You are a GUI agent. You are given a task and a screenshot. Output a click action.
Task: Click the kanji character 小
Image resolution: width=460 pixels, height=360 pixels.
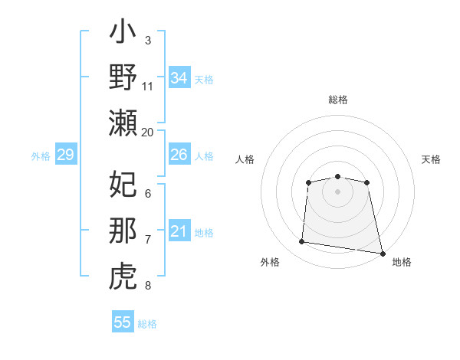123,34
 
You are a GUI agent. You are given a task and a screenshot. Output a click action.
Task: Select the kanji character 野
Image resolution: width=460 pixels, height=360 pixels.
123,78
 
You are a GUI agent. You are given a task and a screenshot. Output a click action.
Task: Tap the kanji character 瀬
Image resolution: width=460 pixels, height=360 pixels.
123,123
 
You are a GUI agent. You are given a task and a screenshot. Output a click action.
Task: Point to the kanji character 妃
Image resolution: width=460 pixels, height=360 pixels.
123,185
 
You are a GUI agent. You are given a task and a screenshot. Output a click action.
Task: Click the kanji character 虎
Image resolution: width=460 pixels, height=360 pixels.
123,276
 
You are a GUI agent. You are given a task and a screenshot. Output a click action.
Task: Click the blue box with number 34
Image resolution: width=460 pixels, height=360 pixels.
179,78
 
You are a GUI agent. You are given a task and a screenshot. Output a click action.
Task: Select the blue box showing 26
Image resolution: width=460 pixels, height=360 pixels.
179,155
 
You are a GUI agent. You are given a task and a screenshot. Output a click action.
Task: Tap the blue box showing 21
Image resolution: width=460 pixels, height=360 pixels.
179,231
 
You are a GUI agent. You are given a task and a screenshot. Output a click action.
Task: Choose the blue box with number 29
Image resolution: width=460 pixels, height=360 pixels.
65,155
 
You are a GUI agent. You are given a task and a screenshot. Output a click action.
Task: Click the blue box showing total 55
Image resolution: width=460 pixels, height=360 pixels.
123,322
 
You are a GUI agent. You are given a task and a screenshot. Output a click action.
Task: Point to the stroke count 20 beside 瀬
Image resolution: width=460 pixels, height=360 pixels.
148,132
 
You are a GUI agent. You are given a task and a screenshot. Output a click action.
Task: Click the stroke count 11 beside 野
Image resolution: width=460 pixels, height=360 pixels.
148,87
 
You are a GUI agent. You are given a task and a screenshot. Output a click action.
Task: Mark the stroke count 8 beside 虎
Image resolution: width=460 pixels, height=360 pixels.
148,286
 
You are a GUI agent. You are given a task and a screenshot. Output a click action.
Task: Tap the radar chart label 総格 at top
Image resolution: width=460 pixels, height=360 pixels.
338,100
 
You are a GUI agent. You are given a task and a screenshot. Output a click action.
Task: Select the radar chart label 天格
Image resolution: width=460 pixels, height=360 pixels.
431,159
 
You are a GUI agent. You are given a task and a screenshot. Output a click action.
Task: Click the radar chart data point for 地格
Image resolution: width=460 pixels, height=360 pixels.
383,253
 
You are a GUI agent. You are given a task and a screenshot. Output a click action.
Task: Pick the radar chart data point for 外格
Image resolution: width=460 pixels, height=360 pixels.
302,242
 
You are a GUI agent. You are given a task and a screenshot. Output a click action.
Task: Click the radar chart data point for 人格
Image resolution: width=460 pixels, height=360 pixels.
308,182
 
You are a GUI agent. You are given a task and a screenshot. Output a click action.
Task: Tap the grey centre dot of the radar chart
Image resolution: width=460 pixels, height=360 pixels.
337,191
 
